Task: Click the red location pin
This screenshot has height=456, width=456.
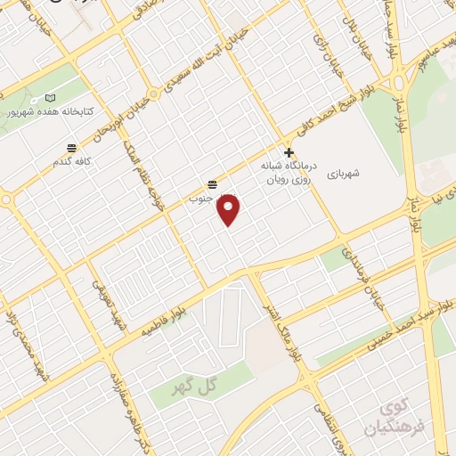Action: click(x=230, y=208)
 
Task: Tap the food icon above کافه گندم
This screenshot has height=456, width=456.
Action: click(x=71, y=148)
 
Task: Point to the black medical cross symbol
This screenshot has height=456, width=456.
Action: click(x=288, y=152)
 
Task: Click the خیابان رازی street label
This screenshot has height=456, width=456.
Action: click(x=322, y=41)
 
